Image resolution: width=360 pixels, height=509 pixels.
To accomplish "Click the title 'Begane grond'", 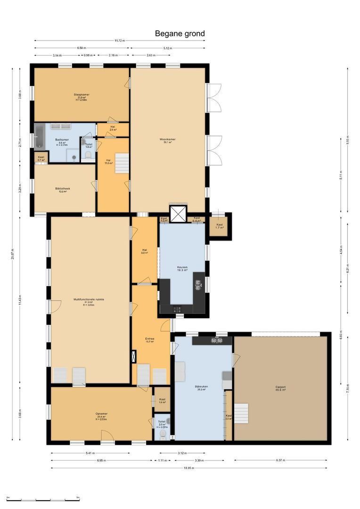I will pos(180,33).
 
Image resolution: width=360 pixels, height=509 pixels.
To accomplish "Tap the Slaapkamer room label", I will pos(82,96).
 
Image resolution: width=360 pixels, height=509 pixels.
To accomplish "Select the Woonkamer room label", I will pos(167,140).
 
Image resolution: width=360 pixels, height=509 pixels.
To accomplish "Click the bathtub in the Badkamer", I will pos(39,136).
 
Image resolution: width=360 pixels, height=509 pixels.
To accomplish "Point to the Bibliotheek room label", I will pos(62,190).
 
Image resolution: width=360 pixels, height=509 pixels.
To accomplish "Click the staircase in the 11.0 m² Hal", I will pos(122,163).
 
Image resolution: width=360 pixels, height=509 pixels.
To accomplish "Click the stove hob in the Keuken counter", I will pos(178,309).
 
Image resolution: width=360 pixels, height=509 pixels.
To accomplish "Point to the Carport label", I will pos(280,388).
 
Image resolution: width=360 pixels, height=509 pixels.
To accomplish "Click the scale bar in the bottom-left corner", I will pos(43,499).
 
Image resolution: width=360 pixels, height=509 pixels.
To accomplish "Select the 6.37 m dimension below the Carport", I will pos(280,460).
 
